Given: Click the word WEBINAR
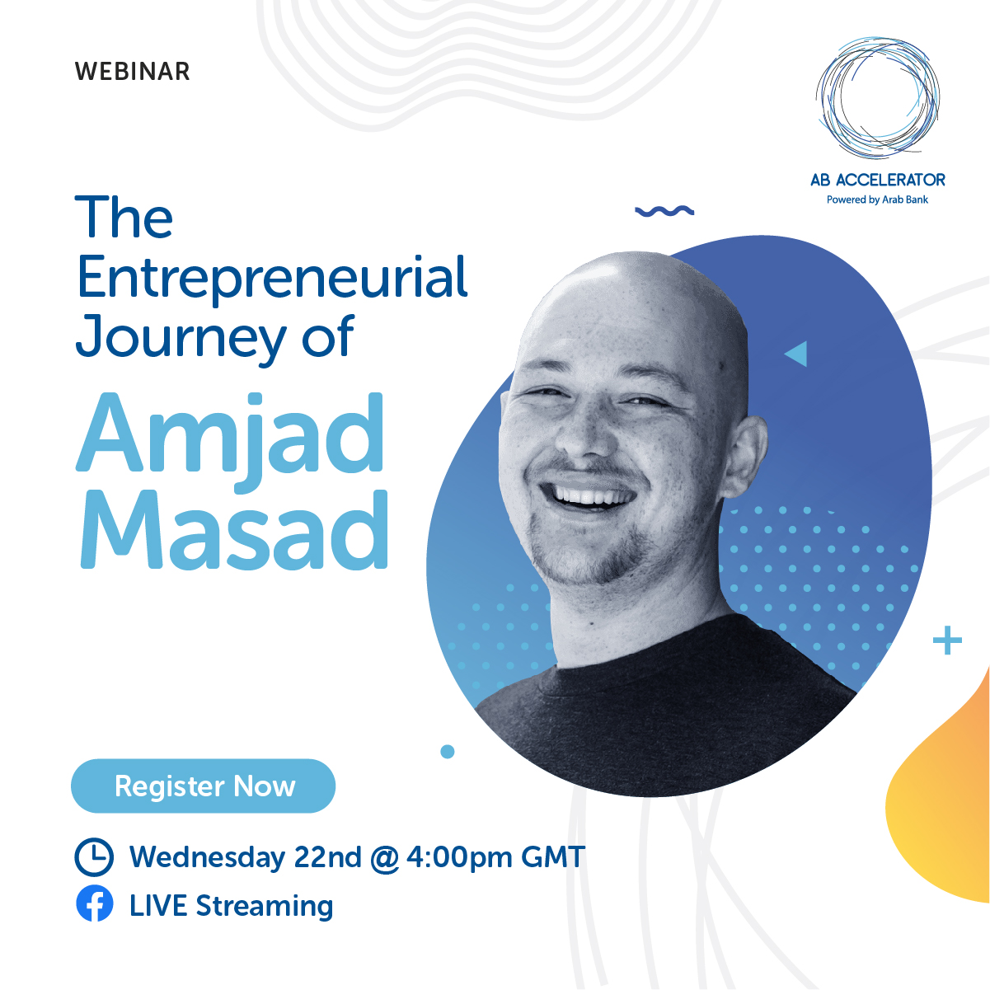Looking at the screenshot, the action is [x=133, y=72].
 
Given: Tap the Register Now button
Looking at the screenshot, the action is [x=204, y=786].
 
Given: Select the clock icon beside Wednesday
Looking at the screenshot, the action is [x=94, y=856].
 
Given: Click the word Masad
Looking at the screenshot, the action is [x=234, y=529].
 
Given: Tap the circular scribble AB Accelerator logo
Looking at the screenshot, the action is [x=878, y=97].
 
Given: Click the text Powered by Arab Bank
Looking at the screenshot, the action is [x=878, y=199].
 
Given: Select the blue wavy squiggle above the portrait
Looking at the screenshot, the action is [x=664, y=211].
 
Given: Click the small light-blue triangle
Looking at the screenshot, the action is [x=797, y=354].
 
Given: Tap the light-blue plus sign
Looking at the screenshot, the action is [x=947, y=640].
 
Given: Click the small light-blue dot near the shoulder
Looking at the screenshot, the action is [x=448, y=752].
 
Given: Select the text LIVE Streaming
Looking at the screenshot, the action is [x=231, y=905].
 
